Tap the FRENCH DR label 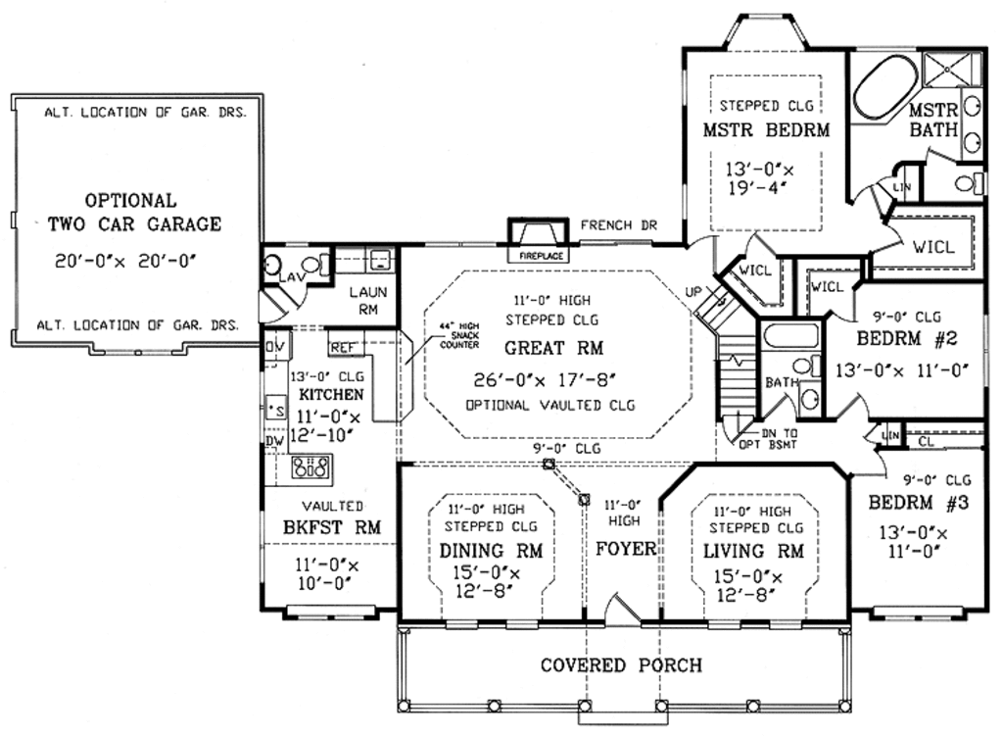[618, 225]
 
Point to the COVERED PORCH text [621, 665]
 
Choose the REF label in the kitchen [342, 347]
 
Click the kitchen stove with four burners [310, 467]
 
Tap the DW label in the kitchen [275, 441]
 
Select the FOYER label [626, 549]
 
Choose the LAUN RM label [368, 300]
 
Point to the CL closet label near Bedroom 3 [927, 442]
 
